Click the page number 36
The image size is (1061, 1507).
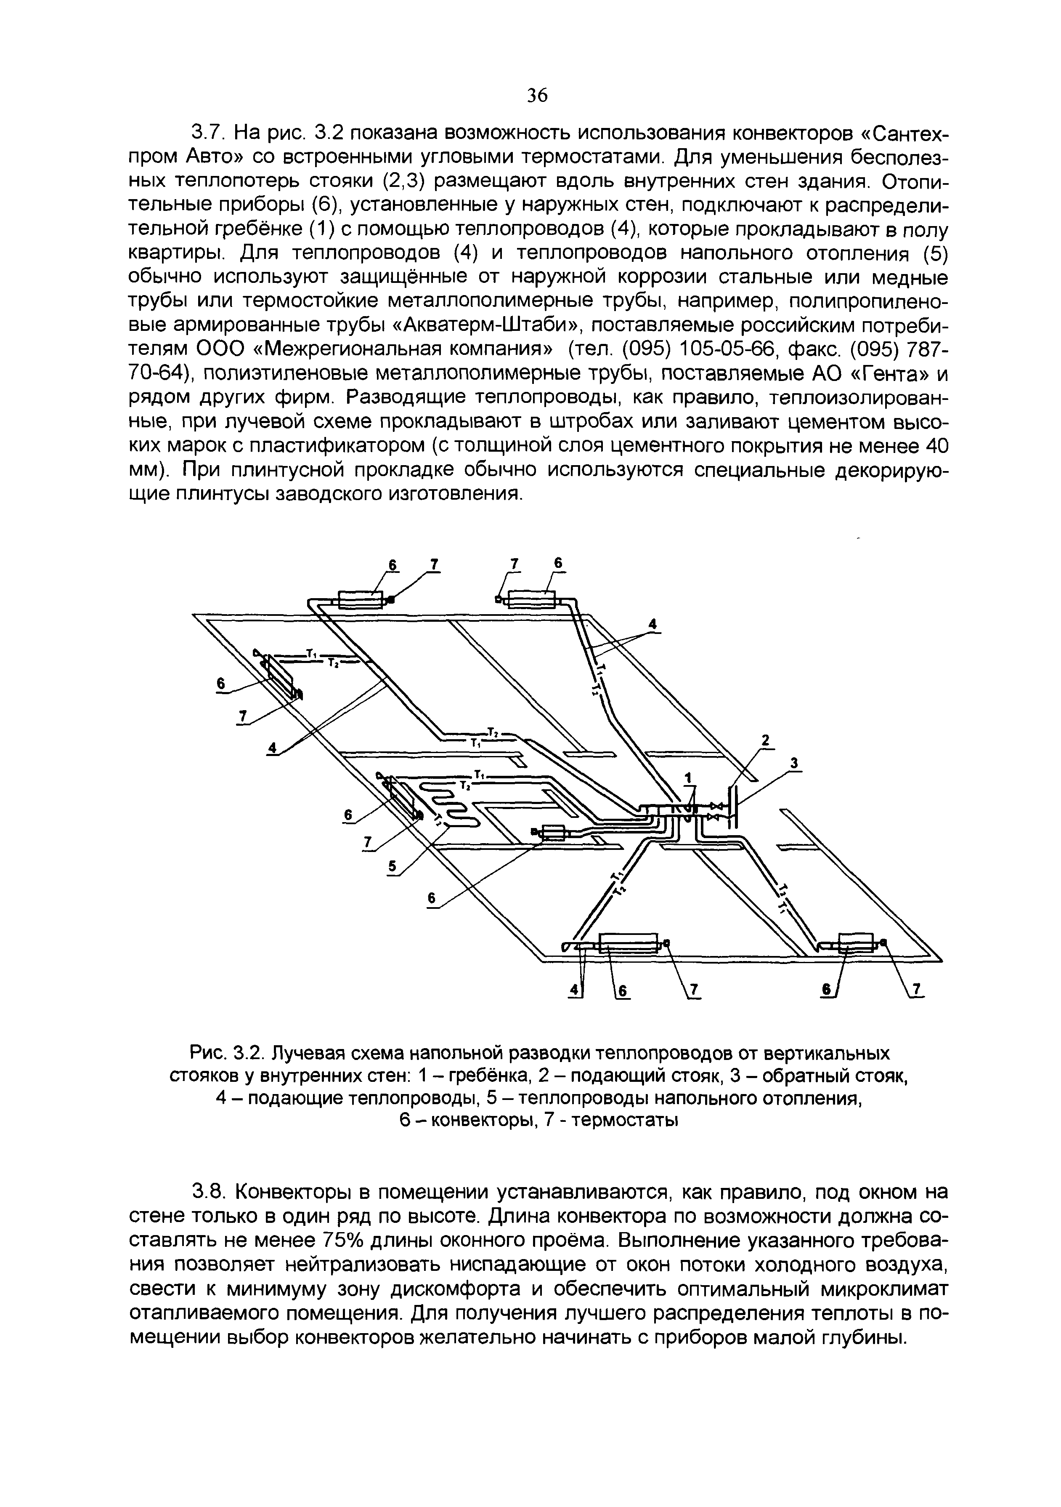tap(537, 96)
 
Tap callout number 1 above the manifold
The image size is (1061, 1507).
tap(688, 778)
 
